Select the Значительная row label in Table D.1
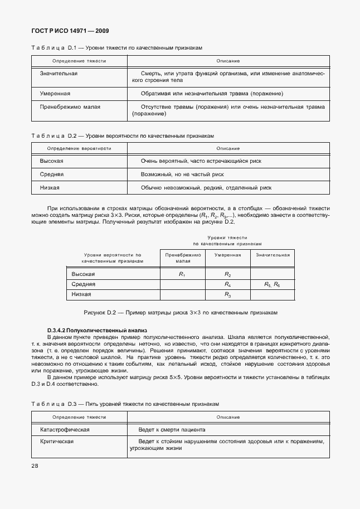(x=59, y=74)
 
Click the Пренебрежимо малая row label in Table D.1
(x=70, y=106)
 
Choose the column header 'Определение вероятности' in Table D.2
(x=79, y=148)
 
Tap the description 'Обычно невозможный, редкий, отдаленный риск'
(x=206, y=188)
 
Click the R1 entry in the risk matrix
(x=182, y=274)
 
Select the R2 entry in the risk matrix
(x=227, y=274)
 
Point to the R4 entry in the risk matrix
(x=227, y=284)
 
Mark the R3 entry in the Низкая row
(x=227, y=294)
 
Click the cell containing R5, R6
(x=272, y=284)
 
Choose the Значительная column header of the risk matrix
(x=273, y=255)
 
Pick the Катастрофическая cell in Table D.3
(x=65, y=430)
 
